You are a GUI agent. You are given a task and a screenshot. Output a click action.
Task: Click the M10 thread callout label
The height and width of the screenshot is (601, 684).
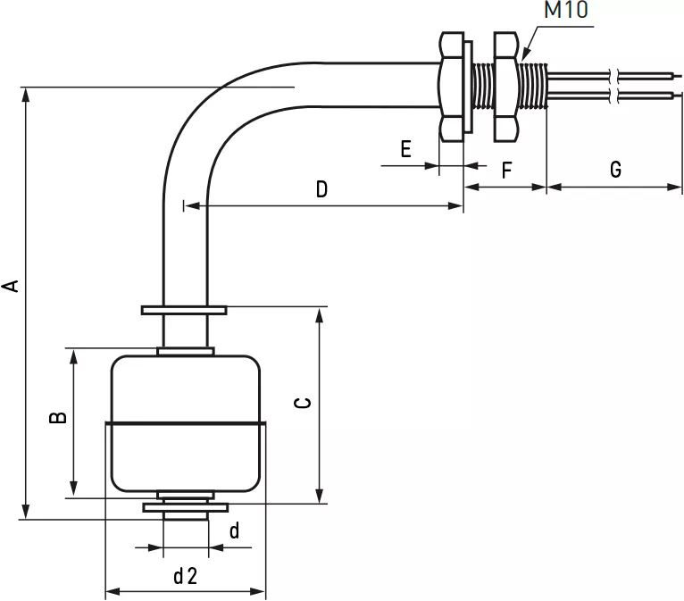[566, 10]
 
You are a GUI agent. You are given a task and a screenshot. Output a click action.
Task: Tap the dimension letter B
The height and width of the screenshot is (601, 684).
[58, 417]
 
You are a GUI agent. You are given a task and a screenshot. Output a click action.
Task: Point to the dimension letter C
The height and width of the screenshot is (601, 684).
[304, 403]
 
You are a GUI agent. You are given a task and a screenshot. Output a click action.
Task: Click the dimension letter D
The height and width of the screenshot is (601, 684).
[321, 189]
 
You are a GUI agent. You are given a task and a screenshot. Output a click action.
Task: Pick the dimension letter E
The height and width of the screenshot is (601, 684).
[405, 149]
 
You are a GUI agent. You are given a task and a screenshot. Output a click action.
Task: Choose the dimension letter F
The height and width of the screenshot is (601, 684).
[506, 170]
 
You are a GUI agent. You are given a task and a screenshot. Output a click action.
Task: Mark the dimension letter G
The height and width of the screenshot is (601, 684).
[615, 169]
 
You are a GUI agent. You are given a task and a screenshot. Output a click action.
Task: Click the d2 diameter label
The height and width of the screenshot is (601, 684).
[186, 576]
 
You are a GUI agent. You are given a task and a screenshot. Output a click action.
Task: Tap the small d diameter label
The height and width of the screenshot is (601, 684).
[234, 530]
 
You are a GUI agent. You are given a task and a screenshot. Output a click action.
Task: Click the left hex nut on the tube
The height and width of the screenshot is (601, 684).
[452, 87]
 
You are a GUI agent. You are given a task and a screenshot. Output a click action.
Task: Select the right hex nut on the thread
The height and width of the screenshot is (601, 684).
[505, 87]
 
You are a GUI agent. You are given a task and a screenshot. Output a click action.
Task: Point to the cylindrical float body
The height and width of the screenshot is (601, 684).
[186, 423]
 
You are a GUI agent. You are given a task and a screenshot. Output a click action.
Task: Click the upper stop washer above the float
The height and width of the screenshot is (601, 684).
[184, 310]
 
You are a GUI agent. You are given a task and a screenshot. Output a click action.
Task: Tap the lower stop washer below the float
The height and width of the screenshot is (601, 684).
[186, 508]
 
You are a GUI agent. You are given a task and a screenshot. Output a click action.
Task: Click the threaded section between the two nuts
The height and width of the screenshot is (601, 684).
[483, 87]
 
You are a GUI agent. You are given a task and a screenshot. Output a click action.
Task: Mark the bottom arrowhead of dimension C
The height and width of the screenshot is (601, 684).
[320, 497]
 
